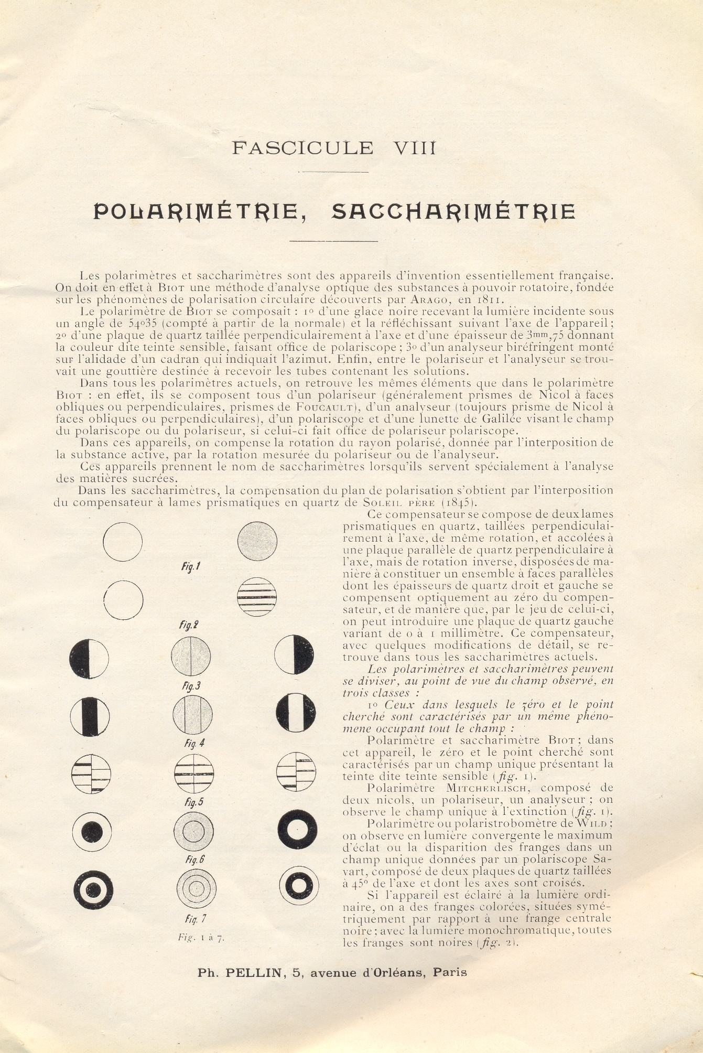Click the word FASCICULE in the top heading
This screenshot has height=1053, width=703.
click(302, 148)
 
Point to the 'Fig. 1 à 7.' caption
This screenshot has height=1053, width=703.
click(201, 938)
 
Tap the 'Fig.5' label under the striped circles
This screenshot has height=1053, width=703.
click(191, 802)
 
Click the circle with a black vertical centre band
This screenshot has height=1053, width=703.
click(90, 715)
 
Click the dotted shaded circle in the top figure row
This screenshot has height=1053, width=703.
click(257, 540)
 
